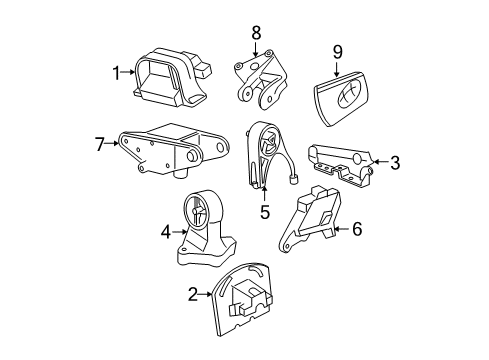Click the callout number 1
[116, 71]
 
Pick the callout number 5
[264, 212]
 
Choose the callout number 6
[356, 229]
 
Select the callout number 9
[337, 51]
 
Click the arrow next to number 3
[378, 161]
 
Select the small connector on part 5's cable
[296, 181]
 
